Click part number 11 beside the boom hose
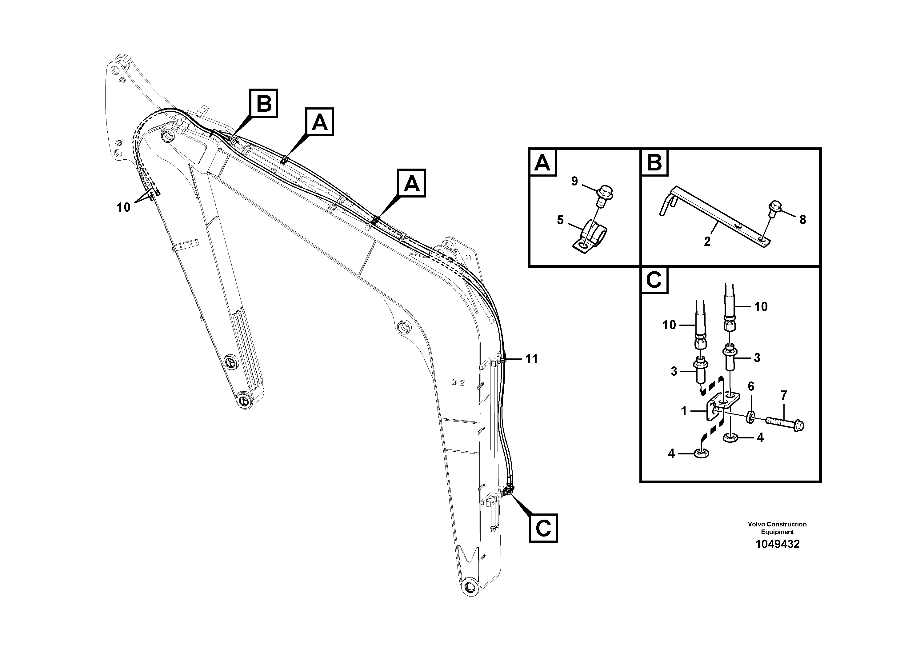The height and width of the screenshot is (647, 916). coord(531,359)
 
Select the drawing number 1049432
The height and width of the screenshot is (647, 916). coord(777,544)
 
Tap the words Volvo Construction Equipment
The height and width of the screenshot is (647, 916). coord(777,528)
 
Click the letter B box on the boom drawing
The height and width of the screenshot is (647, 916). coord(264,103)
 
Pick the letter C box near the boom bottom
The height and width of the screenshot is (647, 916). coord(543,528)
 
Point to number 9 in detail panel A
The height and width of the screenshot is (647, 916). coord(574,181)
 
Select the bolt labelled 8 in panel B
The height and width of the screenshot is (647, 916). coord(775,209)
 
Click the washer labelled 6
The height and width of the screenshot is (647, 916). coord(750,417)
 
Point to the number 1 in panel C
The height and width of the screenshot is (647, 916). coord(684,410)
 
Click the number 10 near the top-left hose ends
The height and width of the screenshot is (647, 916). coord(124,207)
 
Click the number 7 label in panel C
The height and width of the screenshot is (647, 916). coord(784,395)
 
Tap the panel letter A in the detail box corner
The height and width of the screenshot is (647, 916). coord(542,163)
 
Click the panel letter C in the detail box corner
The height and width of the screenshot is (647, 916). coord(654,280)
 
